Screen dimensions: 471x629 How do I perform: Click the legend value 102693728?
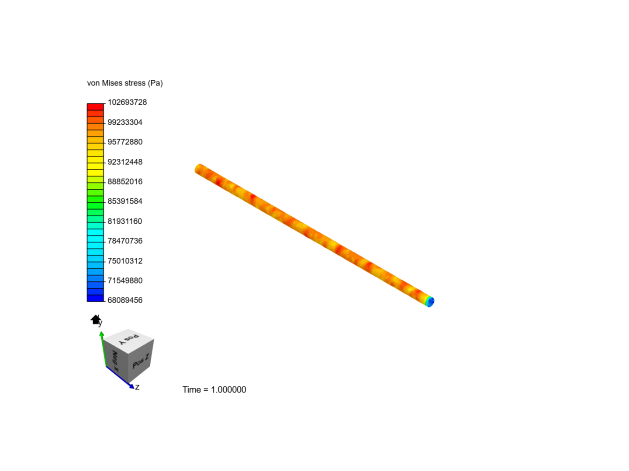tap(127, 102)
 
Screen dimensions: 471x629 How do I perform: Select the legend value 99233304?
tap(125, 122)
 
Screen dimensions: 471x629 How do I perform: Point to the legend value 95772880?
tap(125, 142)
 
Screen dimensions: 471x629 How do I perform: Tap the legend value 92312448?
tap(125, 162)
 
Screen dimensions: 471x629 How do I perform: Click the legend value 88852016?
tap(125, 181)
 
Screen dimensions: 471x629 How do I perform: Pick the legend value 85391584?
tap(125, 201)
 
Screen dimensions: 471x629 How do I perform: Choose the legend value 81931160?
tap(125, 221)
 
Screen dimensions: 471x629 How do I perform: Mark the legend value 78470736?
tap(125, 241)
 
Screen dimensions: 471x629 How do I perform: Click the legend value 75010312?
tap(125, 261)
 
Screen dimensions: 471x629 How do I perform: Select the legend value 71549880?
tap(125, 280)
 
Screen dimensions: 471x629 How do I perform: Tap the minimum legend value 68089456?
tap(125, 300)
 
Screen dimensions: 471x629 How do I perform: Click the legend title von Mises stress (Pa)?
tap(125, 83)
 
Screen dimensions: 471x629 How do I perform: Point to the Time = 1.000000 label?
tap(214, 389)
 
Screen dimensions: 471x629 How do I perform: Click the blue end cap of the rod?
tap(430, 301)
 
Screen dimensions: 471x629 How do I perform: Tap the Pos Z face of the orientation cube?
tap(141, 361)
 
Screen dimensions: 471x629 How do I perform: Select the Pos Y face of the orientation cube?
tap(129, 339)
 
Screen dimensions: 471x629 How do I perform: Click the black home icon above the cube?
tap(96, 320)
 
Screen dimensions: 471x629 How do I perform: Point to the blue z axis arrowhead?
tap(131, 386)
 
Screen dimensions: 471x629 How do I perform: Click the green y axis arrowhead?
tap(102, 334)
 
